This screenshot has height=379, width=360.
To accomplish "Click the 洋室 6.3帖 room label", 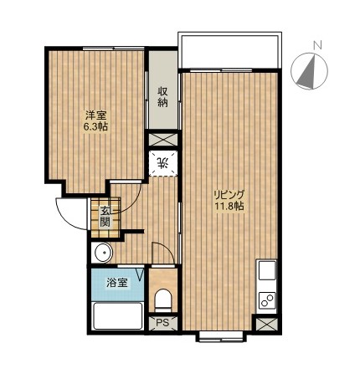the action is pyautogui.click(x=95, y=120).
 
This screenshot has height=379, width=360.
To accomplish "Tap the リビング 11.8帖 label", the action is pyautogui.click(x=229, y=200).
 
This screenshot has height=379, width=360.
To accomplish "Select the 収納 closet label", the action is pyautogui.click(x=162, y=97).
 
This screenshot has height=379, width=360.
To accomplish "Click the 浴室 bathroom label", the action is pyautogui.click(x=117, y=283).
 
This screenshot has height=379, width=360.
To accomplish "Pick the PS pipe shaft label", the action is pyautogui.click(x=162, y=323).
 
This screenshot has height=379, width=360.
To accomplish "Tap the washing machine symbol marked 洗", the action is pyautogui.click(x=163, y=163).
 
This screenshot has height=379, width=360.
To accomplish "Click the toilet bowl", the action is pyautogui.click(x=163, y=300).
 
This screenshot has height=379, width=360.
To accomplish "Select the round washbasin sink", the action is pyautogui.click(x=104, y=253).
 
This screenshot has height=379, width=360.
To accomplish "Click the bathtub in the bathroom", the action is pyautogui.click(x=118, y=316).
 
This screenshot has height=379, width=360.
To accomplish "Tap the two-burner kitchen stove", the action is pyautogui.click(x=267, y=301).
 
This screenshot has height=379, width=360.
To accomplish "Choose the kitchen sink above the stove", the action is pyautogui.click(x=267, y=270).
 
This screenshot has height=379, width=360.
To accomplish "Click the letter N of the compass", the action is pyautogui.click(x=317, y=45).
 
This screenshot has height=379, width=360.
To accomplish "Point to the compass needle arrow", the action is pyautogui.click(x=309, y=73).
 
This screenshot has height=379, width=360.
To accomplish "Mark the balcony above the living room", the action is pyautogui.click(x=229, y=50).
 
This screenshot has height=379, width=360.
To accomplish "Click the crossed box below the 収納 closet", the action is pyautogui.click(x=163, y=140).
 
